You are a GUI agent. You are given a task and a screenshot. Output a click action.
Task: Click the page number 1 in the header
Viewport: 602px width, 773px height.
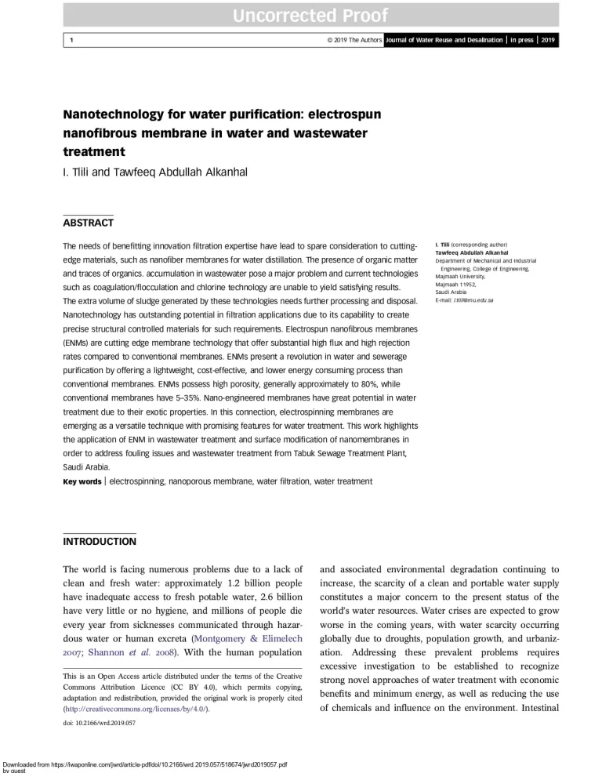pyautogui.click(x=72, y=40)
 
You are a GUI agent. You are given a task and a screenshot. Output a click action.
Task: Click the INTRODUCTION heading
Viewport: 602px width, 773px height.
pyautogui.click(x=99, y=541)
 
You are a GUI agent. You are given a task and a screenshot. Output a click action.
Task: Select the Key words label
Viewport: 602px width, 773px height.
pyautogui.click(x=82, y=480)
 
